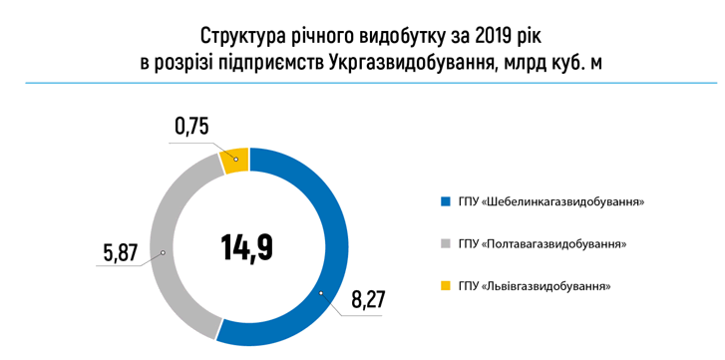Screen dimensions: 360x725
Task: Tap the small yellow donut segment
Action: pos(235,161)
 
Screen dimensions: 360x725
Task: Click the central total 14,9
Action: pos(247,246)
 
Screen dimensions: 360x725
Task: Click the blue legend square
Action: pos(444,201)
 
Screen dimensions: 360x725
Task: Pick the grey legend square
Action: pos(444,243)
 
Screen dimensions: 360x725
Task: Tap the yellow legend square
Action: pos(444,286)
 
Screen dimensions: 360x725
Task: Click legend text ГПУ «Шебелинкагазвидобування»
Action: pos(551,201)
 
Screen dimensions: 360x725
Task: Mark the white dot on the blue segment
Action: pos(321,293)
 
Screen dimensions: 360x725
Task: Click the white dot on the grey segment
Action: pos(165,254)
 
